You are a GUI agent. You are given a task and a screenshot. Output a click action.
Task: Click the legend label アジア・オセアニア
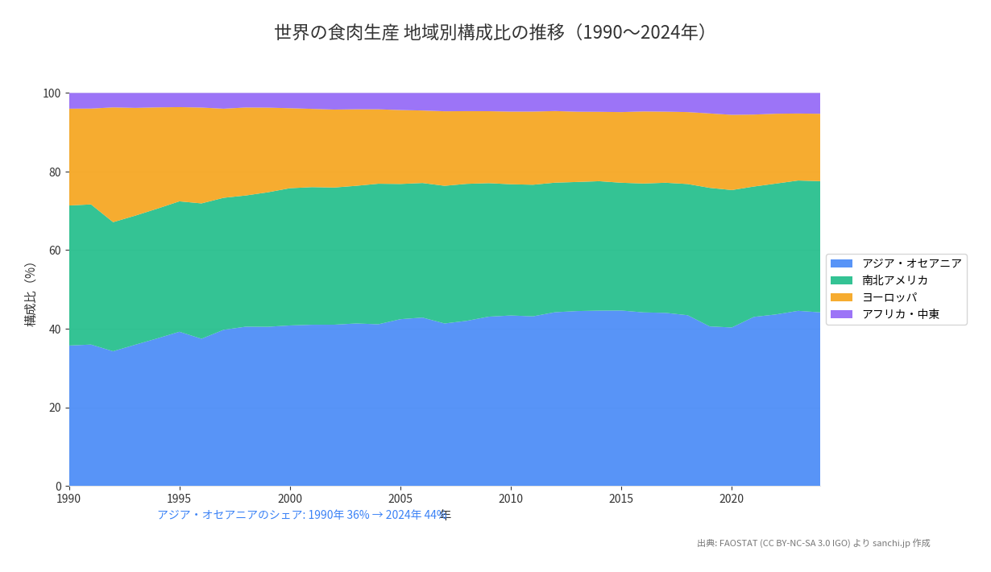tap(911, 263)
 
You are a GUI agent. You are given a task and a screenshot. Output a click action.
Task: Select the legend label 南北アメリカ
tap(894, 280)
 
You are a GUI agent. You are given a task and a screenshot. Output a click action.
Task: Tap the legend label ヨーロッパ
tap(889, 297)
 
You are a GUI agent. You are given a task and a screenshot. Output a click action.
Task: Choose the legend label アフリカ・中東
tap(900, 314)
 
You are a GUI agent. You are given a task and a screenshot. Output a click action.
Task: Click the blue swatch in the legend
tap(841, 263)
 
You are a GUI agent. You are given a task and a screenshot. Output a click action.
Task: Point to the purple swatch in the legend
tap(841, 314)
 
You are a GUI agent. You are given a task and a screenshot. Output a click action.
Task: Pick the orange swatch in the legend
tap(841, 297)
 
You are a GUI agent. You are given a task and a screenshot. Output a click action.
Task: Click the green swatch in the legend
tap(841, 280)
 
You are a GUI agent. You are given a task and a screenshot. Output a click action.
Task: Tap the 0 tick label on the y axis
tap(58, 486)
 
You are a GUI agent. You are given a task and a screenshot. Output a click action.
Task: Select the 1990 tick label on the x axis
tap(69, 499)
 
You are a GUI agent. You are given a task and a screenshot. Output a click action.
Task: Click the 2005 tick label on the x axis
tap(400, 499)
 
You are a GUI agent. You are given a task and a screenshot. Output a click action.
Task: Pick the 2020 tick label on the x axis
tap(732, 499)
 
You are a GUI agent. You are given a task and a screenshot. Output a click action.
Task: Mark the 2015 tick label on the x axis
tap(621, 499)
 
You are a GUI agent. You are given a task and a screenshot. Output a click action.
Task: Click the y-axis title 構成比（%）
tap(31, 294)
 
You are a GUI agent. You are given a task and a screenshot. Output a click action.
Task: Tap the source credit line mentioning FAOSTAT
tap(813, 543)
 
